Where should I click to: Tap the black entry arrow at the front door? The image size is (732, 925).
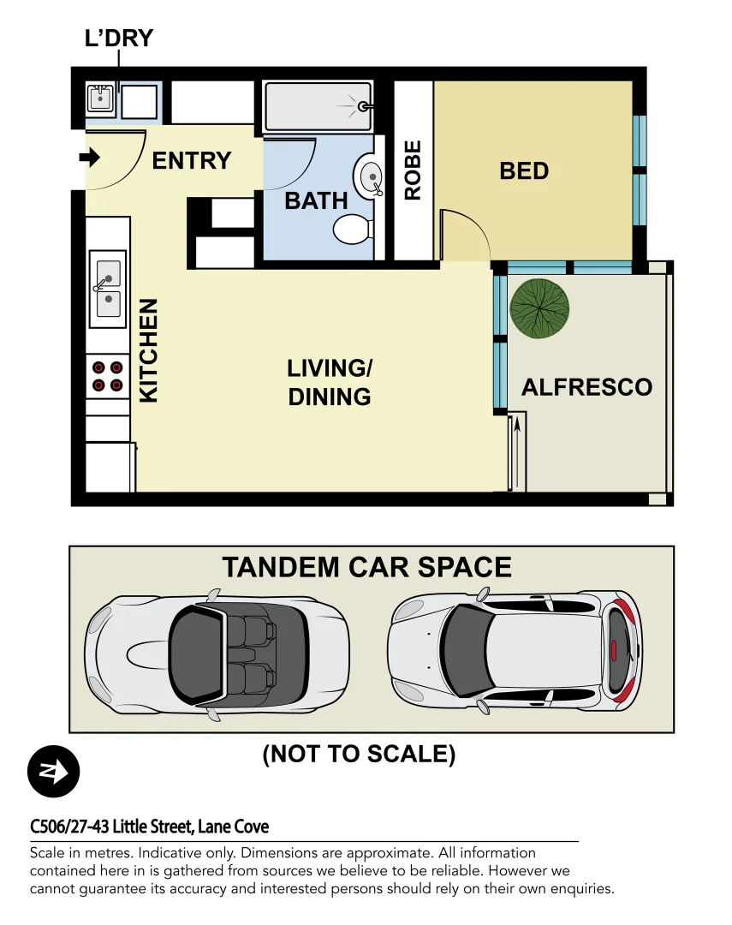[90, 158]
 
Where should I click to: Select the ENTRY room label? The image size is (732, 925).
[192, 160]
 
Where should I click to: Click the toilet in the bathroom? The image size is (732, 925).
[351, 229]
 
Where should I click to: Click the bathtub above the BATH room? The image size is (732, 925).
[318, 106]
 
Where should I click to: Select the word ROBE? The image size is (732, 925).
[413, 170]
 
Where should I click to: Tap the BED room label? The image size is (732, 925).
[523, 170]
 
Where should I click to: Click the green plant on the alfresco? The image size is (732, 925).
[539, 308]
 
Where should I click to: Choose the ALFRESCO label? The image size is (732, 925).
[586, 387]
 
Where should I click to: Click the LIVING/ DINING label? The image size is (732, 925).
[330, 382]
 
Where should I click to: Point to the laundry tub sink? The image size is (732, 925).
[101, 100]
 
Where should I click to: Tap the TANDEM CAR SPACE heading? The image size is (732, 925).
[366, 567]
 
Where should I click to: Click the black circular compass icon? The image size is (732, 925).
[53, 772]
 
